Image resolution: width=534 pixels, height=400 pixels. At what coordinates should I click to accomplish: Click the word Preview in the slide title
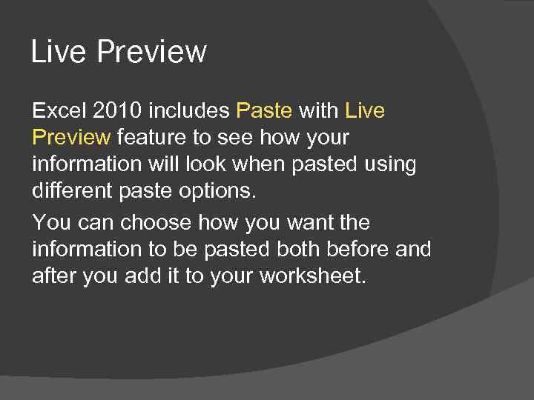[x=152, y=53]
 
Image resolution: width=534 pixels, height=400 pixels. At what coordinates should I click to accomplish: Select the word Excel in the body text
[x=59, y=111]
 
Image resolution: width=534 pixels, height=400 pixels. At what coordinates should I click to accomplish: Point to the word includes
[x=189, y=111]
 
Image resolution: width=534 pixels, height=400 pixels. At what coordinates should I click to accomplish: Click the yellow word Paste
[x=264, y=111]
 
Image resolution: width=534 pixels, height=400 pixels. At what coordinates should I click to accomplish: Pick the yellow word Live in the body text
[x=365, y=111]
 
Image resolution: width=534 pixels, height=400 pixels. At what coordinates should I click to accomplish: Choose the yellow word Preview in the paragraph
[x=71, y=138]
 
